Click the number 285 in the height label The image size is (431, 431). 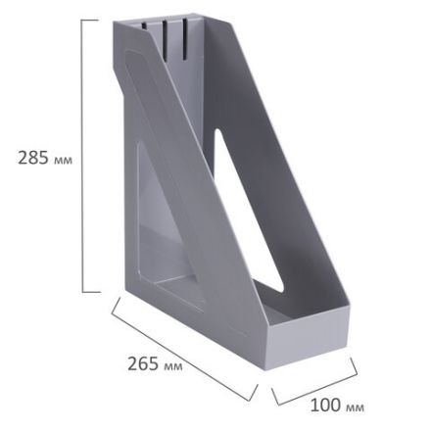tap(34, 157)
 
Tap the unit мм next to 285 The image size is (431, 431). tap(64, 159)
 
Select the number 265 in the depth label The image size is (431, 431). tap(143, 362)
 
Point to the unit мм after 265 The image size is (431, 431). tap(172, 365)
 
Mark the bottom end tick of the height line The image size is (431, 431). tap(90, 291)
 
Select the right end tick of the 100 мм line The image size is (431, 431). tap(354, 372)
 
